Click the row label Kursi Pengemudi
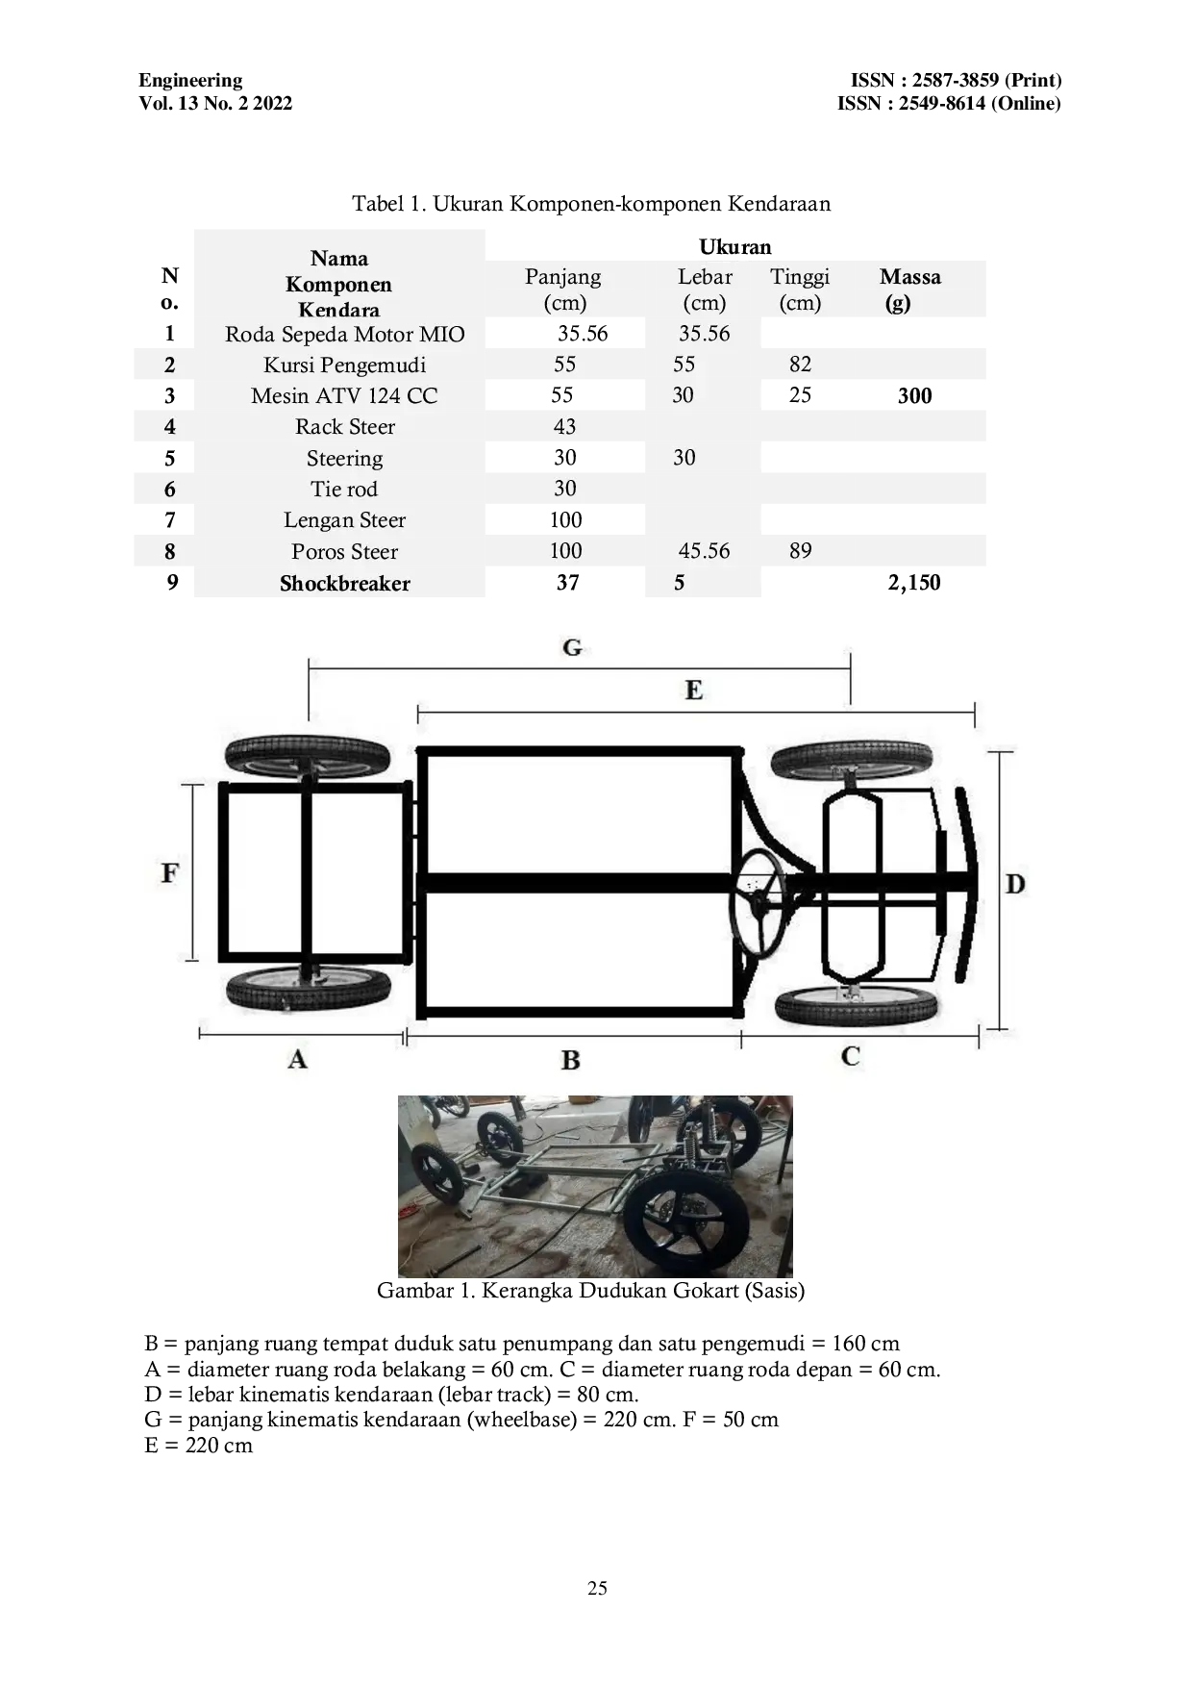tap(344, 365)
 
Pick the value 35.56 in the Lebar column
tap(704, 334)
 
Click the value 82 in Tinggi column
tap(800, 365)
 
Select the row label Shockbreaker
tap(344, 584)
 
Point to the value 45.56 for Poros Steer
tap(704, 551)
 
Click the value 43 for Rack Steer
tap(564, 427)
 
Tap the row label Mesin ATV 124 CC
tap(344, 396)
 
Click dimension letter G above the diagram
tap(572, 648)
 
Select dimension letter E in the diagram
tap(693, 691)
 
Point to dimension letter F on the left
tap(169, 873)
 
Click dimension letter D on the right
tap(1015, 884)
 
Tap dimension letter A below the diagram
tap(297, 1060)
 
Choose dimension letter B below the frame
tap(570, 1061)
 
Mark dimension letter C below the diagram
tap(850, 1057)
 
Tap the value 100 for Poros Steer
tap(565, 551)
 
